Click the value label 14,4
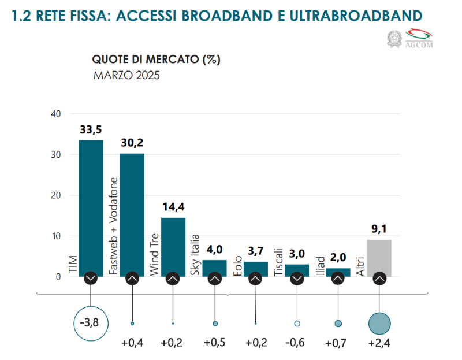pos(173,206)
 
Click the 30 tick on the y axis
pos(57,155)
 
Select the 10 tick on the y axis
pos(57,236)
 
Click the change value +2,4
pos(380,343)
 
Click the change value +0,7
pos(338,343)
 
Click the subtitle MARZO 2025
pos(126,75)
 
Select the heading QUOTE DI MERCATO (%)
pos(157,59)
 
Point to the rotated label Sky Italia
pos(195,255)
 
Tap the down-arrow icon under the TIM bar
pos(91,279)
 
